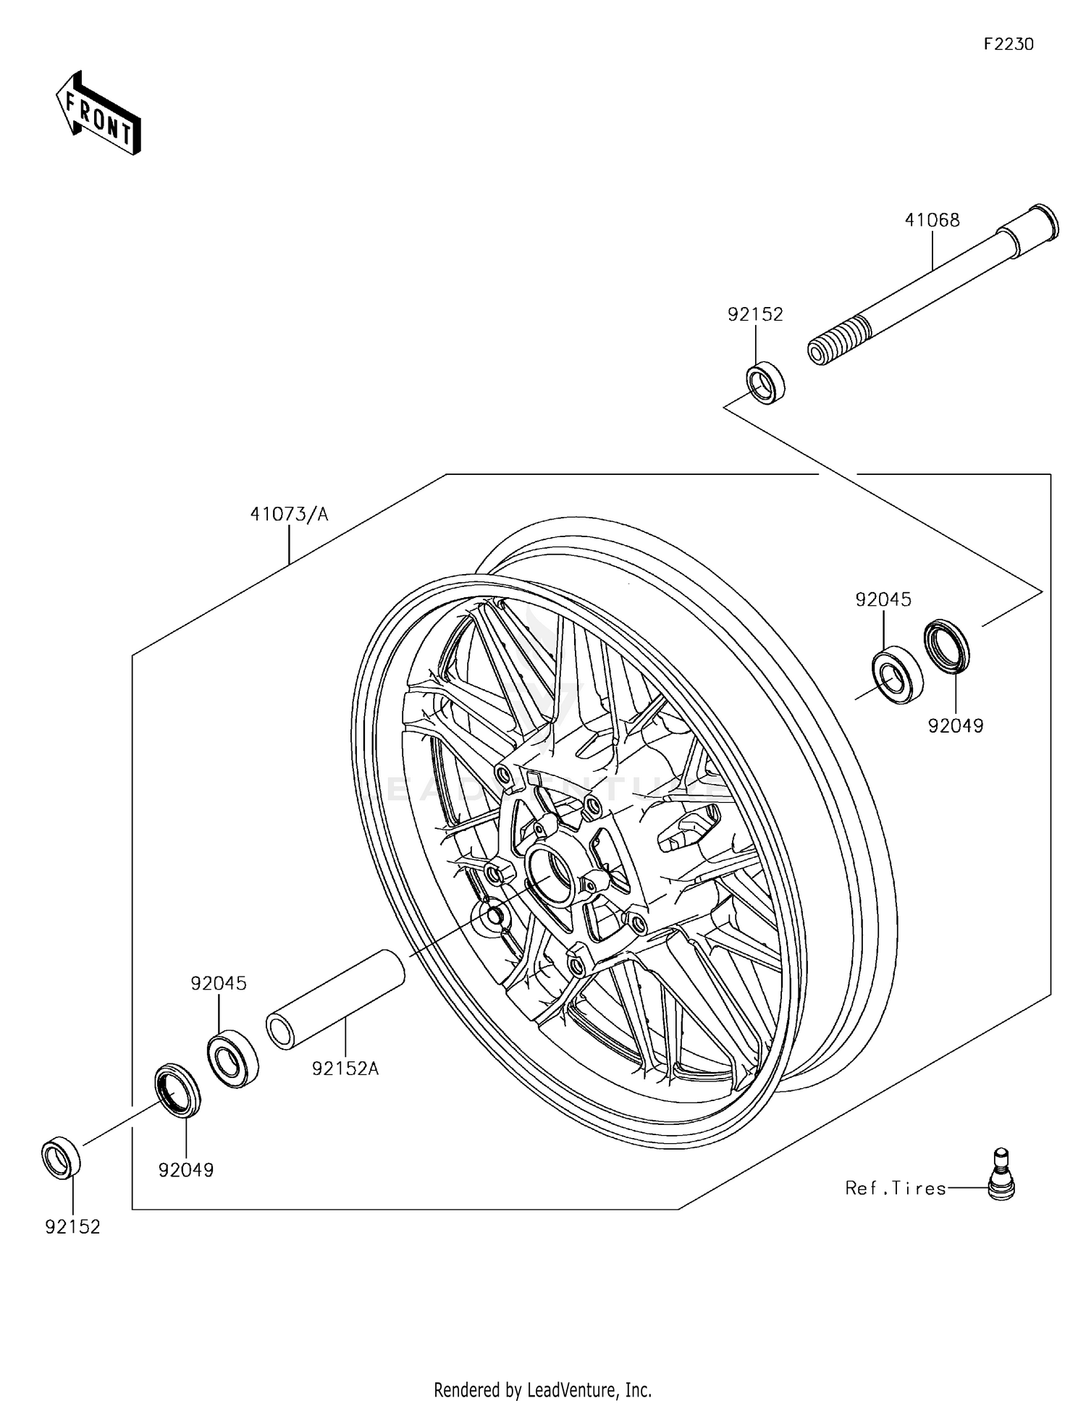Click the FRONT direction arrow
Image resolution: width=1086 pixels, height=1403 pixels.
pyautogui.click(x=98, y=114)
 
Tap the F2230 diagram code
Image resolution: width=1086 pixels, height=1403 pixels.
pyautogui.click(x=1009, y=44)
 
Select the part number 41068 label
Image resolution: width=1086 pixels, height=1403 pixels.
pyautogui.click(x=932, y=220)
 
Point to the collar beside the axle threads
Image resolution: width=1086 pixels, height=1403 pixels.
pyautogui.click(x=765, y=384)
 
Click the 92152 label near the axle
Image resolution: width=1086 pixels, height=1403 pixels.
pyautogui.click(x=755, y=314)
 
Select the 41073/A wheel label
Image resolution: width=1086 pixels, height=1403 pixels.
pyautogui.click(x=289, y=514)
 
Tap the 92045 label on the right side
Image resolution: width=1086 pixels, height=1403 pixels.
pyautogui.click(x=883, y=599)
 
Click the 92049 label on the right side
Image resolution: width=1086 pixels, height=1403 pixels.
pyautogui.click(x=956, y=725)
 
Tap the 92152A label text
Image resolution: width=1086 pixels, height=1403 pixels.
pyautogui.click(x=345, y=1069)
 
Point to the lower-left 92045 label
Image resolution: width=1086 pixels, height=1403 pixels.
pyautogui.click(x=219, y=983)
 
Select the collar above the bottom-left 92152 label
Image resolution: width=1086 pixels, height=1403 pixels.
pyautogui.click(x=61, y=1158)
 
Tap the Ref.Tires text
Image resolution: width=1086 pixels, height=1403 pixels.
pyautogui.click(x=896, y=1188)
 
